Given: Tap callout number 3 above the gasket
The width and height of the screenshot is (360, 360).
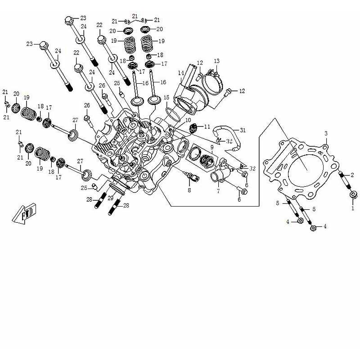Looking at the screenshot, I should click(326, 134).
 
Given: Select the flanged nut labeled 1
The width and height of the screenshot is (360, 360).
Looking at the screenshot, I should click(353, 195).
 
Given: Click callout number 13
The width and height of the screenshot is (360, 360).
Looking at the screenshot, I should click(216, 61).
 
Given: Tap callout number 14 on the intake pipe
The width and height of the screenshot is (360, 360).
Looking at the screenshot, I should click(180, 73).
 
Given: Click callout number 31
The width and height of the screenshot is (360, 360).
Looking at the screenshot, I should click(243, 130).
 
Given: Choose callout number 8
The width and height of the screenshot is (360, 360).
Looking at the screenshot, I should click(189, 190).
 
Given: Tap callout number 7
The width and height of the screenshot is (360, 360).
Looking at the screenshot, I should click(218, 191).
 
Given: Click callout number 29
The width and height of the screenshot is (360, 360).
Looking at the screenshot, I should click(110, 198).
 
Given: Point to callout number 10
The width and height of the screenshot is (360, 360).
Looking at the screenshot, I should click(188, 121).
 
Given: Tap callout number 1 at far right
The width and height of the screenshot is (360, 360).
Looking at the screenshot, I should click(352, 208).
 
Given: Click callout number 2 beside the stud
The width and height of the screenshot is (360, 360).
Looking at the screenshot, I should click(352, 175).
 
